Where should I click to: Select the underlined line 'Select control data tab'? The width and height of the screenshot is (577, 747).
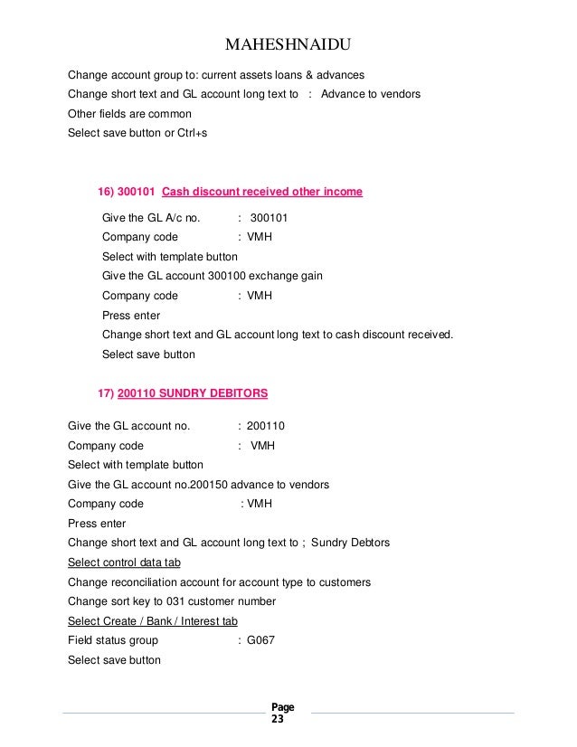click(125, 563)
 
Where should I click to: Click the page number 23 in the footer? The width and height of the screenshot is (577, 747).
click(277, 721)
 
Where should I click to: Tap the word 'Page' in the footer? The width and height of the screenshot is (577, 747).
click(282, 707)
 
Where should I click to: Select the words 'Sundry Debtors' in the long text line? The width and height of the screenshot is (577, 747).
click(352, 543)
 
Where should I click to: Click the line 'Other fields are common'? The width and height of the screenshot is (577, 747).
click(129, 115)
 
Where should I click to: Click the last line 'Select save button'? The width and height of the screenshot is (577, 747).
click(114, 659)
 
